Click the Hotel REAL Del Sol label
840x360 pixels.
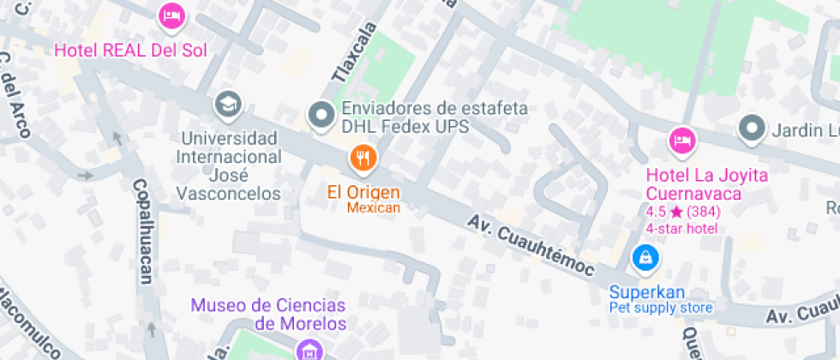(x=131, y=50)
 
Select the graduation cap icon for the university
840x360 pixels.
(x=228, y=105)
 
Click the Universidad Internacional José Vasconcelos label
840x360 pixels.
(x=229, y=165)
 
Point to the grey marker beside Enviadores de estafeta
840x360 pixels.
(x=321, y=114)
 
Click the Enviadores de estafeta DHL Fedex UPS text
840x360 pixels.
(x=435, y=117)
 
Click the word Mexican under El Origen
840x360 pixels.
(x=374, y=207)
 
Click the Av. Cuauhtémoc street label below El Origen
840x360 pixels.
(x=531, y=244)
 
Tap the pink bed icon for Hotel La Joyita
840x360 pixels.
(x=681, y=139)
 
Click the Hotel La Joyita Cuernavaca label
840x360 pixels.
(x=707, y=184)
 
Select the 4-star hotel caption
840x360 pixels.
(x=681, y=228)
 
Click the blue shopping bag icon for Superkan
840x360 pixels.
(x=645, y=256)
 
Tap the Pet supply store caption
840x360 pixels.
(x=661, y=307)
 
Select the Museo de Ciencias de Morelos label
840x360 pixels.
(x=268, y=314)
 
